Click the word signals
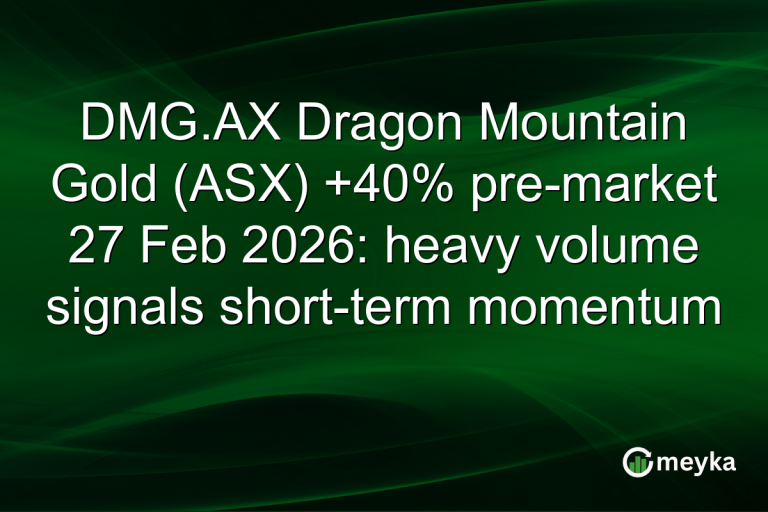[119, 305]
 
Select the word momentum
[607, 305]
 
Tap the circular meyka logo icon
[637, 461]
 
